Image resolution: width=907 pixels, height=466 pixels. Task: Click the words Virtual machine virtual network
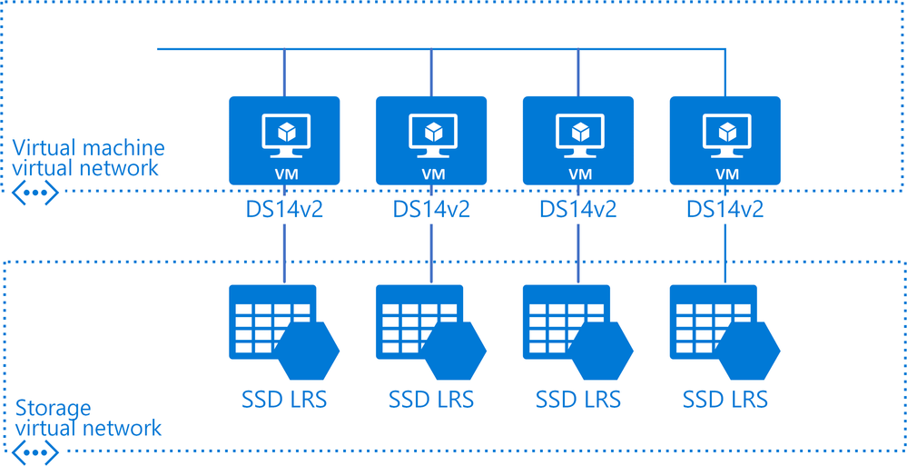pyautogui.click(x=88, y=157)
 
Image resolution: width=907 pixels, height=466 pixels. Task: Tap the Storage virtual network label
pyautogui.click(x=88, y=418)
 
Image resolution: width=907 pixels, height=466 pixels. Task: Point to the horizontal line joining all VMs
pyautogui.click(x=440, y=49)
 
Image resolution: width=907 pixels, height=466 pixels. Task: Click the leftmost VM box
pyautogui.click(x=284, y=141)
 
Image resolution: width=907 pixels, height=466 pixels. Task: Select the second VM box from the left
pyautogui.click(x=431, y=141)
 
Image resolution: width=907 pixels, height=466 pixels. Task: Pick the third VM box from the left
pyautogui.click(x=577, y=141)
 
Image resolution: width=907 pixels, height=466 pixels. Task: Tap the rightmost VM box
pyautogui.click(x=725, y=141)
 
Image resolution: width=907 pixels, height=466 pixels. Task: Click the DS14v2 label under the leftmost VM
pyautogui.click(x=284, y=209)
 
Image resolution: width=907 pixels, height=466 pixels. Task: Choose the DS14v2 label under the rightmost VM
pyautogui.click(x=725, y=209)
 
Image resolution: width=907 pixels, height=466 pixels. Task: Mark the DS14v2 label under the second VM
pyautogui.click(x=431, y=209)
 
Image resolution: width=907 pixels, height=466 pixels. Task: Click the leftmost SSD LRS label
pyautogui.click(x=284, y=399)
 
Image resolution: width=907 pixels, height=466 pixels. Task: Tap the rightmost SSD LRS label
pyautogui.click(x=725, y=399)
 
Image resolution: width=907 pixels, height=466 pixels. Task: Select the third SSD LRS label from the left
pyautogui.click(x=578, y=399)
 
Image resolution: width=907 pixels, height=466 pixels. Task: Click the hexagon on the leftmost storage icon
pyautogui.click(x=307, y=350)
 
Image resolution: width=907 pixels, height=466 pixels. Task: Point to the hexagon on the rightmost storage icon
pyautogui.click(x=748, y=350)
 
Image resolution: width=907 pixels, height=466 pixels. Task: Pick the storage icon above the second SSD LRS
pyautogui.click(x=431, y=332)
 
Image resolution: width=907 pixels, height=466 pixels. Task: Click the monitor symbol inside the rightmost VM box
pyautogui.click(x=725, y=135)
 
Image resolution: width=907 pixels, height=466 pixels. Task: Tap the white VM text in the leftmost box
pyautogui.click(x=284, y=174)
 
